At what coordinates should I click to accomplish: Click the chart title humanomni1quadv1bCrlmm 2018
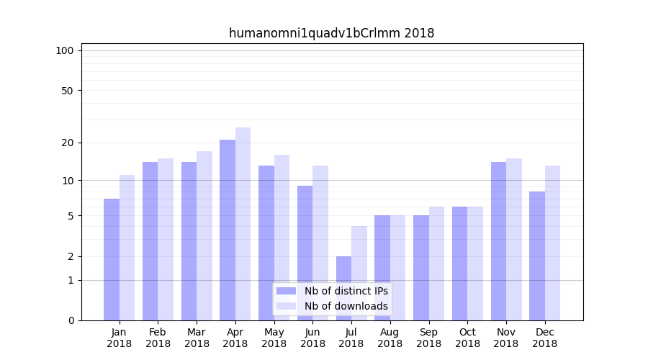331,33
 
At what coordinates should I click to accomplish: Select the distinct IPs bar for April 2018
228,230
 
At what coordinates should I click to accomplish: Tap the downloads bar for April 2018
243,224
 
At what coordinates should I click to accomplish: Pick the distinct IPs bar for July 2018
343,288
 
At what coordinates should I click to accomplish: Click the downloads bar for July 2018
359,273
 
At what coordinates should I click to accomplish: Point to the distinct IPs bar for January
112,259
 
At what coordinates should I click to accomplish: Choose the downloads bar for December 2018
552,243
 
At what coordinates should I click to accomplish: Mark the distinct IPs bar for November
498,241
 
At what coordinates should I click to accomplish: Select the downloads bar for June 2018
320,243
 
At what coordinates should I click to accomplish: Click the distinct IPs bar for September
421,268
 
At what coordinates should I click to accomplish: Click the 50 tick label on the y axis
67,91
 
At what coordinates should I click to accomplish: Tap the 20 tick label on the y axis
67,143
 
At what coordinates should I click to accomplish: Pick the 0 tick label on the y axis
71,320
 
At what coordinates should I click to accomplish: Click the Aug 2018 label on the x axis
390,338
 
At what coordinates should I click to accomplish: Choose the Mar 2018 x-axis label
197,338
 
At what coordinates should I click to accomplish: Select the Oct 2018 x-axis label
467,338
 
